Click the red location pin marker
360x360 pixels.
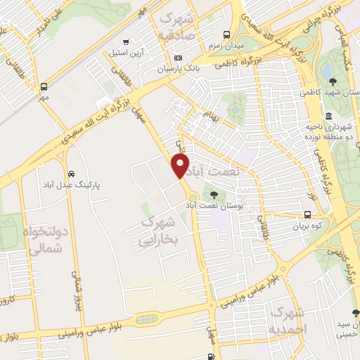[181, 166]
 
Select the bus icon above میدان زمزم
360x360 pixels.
[226, 34]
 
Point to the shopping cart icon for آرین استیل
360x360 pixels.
[126, 41]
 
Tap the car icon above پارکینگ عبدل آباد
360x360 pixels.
[72, 173]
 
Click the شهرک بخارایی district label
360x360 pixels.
[158, 231]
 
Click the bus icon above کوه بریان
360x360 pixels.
[307, 215]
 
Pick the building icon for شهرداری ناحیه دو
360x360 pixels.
[328, 116]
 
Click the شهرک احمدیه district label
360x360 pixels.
[288, 320]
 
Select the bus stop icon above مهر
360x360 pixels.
[44, 86]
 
